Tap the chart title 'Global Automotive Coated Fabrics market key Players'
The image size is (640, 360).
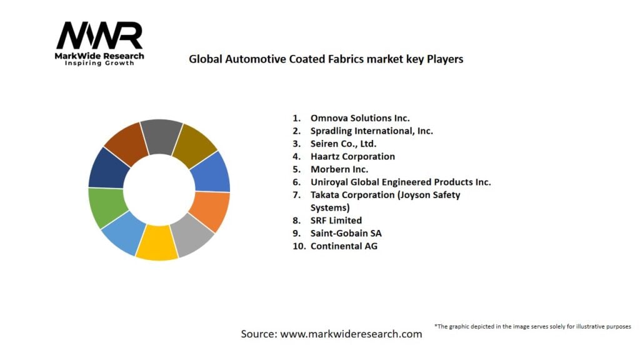point(326,59)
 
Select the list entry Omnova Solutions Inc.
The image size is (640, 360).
point(360,117)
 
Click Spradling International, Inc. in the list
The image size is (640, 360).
point(371,131)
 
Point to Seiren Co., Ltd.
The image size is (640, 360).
point(343,144)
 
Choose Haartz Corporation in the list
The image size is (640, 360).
point(352,156)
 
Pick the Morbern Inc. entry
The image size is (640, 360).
point(339,169)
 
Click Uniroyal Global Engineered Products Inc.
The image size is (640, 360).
point(400,182)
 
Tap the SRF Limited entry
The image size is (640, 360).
point(336,220)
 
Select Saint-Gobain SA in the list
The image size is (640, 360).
point(346,233)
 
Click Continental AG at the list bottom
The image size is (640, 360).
point(344,246)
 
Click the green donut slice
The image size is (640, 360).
point(106,206)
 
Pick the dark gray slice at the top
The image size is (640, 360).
point(160,133)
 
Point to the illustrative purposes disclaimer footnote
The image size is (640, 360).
point(532,326)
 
